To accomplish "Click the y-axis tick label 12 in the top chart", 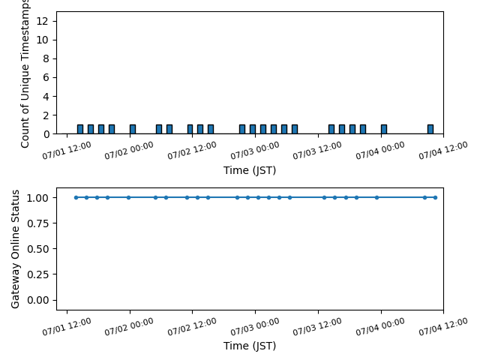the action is pos(42,21).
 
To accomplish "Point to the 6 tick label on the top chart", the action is pos(46,77).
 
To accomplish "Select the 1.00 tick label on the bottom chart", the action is pos(37,198).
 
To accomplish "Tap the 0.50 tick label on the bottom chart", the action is pos(37,249).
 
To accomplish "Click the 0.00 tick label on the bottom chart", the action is pos(37,300).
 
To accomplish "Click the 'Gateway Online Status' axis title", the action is pos(15,249).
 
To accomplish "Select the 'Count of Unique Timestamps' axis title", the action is pos(25,73).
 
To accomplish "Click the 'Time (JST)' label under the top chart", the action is pos(250,170).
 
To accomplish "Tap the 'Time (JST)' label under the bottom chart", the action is pos(250,346).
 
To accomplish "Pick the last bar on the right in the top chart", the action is pos(430,129).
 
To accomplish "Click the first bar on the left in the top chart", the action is pos(80,129).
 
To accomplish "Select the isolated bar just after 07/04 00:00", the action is pos(384,129).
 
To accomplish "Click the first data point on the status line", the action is pos(76,197).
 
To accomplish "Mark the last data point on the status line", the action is pos(435,197).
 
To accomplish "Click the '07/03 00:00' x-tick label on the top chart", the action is pos(255,150).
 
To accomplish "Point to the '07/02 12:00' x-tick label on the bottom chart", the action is pos(192,326).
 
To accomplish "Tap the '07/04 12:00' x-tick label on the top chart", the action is pos(443,150).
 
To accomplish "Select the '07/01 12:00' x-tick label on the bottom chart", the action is pos(67,326).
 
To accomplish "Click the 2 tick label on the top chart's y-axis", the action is pos(46,115).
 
